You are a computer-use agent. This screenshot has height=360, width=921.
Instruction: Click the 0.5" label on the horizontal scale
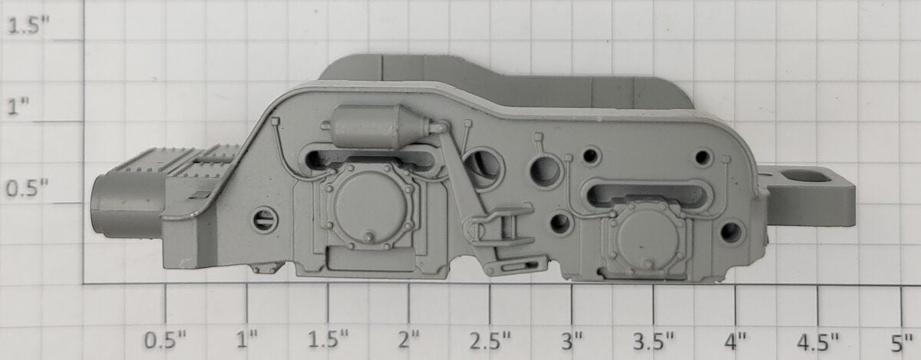pos(165,341)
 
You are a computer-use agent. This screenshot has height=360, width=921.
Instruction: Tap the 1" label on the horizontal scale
pos(247,341)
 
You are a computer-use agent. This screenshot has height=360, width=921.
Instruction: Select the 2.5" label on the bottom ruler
pos(490,341)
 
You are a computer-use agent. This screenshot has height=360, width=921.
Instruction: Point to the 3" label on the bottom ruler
pos(572,341)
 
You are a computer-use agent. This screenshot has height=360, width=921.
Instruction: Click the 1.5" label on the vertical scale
pos(28,26)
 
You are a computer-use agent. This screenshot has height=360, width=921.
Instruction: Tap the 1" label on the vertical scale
pos(18,106)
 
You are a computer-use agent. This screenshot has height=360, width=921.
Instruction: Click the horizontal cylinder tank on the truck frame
pos(381,125)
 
